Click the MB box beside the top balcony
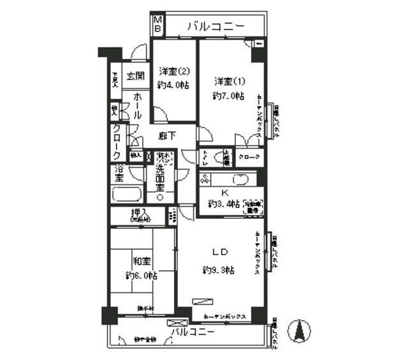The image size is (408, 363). tap(157, 26)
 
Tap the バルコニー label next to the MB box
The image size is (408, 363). tap(215, 26)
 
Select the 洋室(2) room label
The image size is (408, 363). tap(173, 71)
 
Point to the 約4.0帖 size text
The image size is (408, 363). tap(173, 85)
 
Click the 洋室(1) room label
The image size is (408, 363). tap(228, 82)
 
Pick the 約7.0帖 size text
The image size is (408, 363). tap(228, 96)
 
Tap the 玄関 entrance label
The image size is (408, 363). tap(134, 76)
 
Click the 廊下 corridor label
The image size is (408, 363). tap(168, 135)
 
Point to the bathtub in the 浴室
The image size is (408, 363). tap(126, 194)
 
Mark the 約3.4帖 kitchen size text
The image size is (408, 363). tap(224, 204)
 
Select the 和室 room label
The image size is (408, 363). tap(141, 262)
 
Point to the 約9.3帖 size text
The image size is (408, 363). tap(219, 270)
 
